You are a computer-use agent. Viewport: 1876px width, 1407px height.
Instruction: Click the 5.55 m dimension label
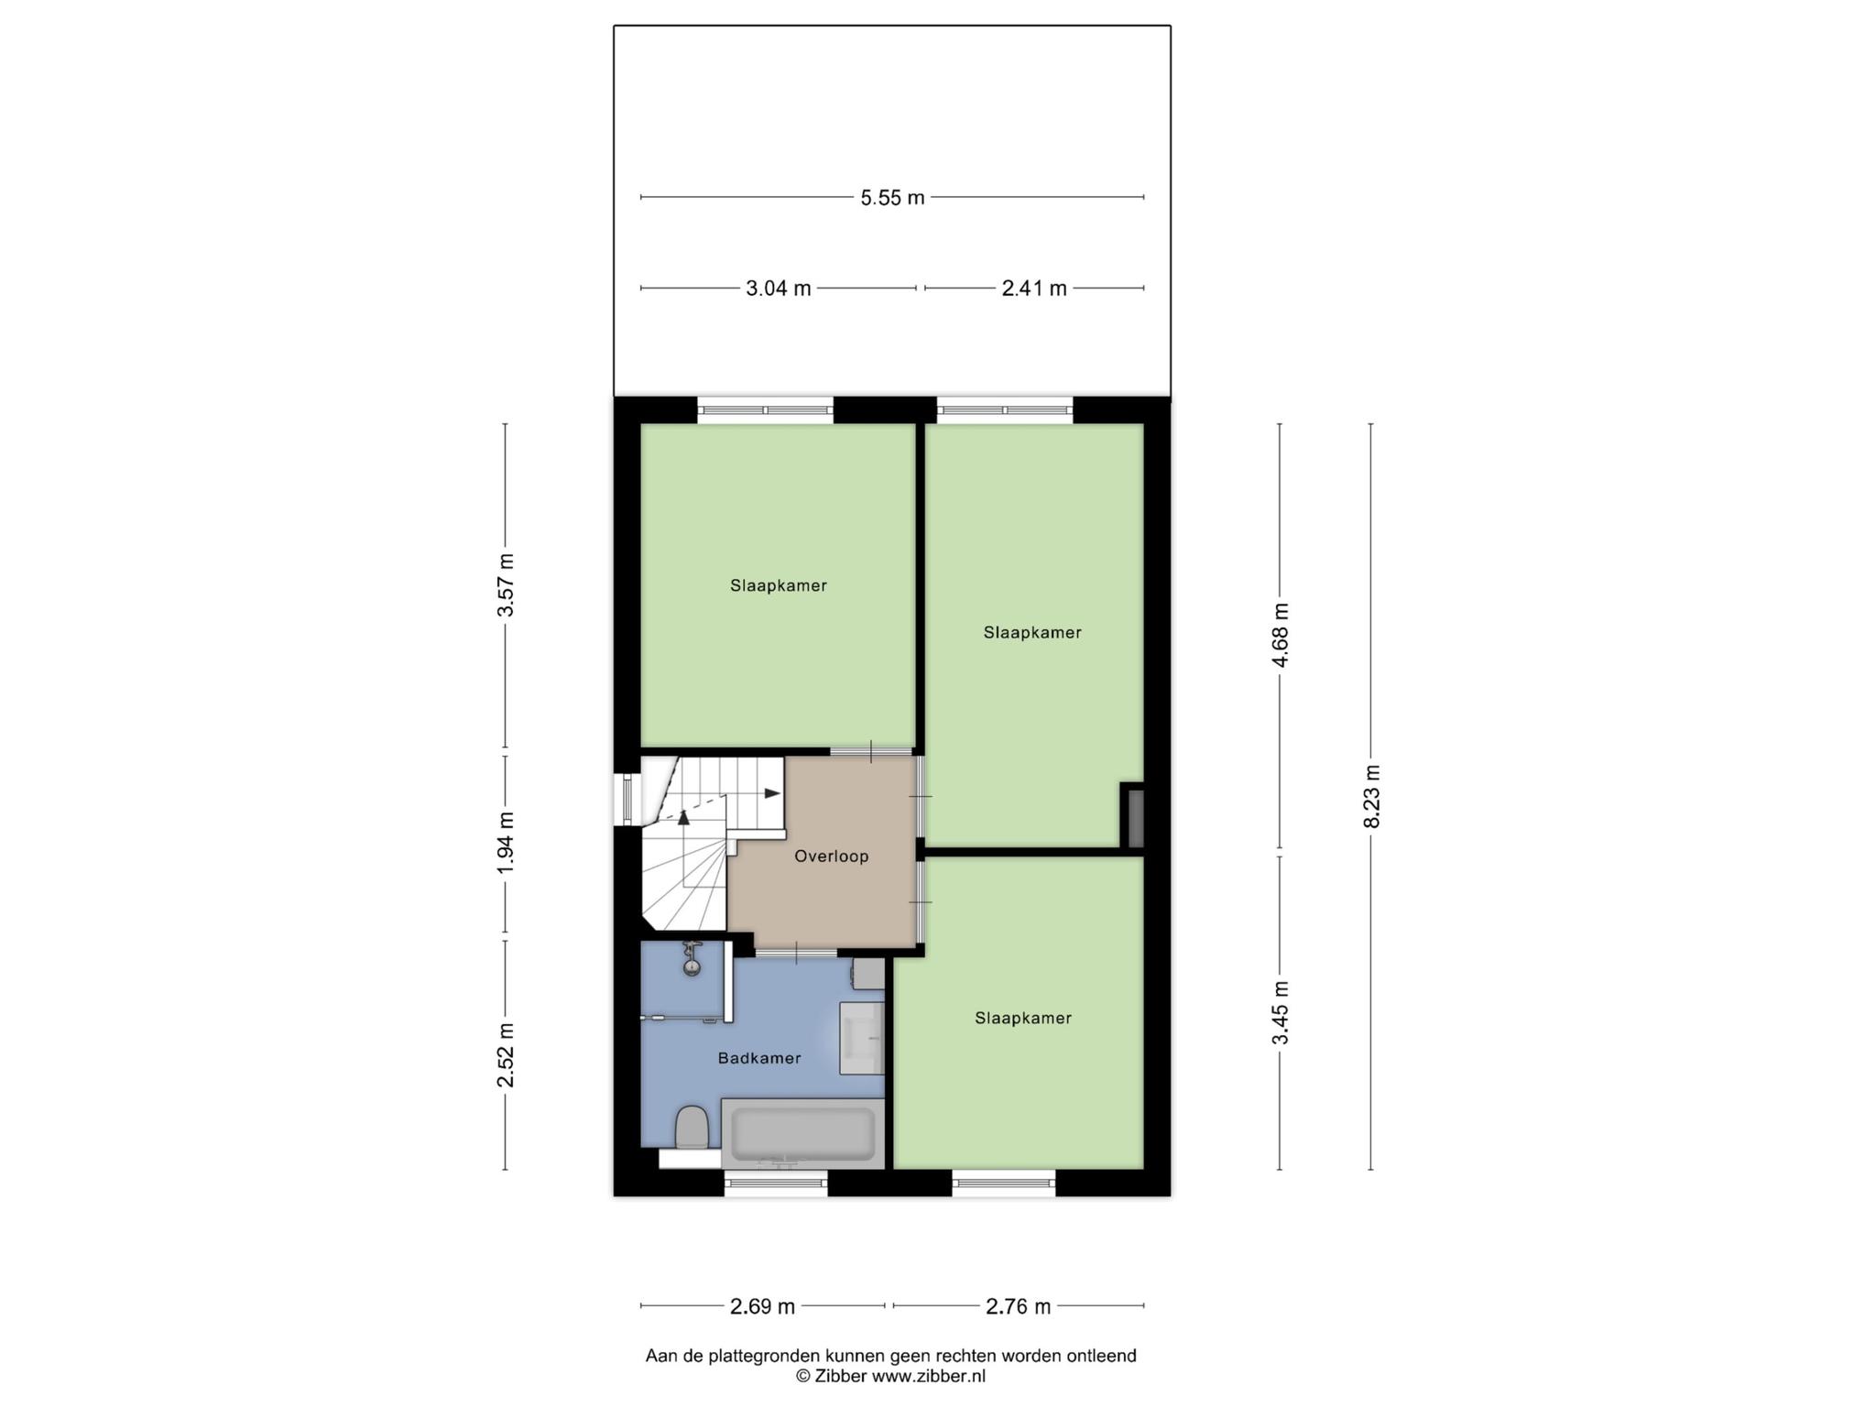click(x=892, y=198)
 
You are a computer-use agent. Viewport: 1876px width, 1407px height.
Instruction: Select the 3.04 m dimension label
click(x=778, y=289)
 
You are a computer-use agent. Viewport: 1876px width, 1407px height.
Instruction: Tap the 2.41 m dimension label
click(x=1034, y=289)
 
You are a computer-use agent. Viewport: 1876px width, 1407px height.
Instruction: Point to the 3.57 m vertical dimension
click(x=506, y=584)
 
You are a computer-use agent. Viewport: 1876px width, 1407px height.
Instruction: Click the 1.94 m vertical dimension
click(x=506, y=842)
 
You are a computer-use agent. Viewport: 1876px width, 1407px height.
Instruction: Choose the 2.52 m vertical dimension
click(x=506, y=1055)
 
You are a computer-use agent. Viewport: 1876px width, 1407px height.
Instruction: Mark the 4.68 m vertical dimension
click(x=1281, y=635)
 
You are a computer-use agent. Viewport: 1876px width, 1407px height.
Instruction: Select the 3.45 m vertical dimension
click(x=1281, y=1012)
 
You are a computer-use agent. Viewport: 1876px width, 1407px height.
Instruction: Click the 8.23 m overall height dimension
click(x=1371, y=796)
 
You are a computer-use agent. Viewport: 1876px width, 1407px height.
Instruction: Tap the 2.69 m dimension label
click(x=762, y=1307)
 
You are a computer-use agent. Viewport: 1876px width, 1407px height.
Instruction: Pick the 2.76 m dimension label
click(x=1018, y=1307)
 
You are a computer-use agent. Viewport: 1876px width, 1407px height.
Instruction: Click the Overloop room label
click(x=831, y=856)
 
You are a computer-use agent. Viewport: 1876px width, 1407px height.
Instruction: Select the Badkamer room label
click(x=759, y=1058)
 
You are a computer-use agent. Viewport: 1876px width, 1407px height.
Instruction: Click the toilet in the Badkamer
click(x=692, y=1127)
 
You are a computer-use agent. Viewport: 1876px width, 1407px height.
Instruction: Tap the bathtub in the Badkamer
click(x=803, y=1134)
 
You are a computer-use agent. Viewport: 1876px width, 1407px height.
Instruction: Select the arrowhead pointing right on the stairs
click(x=773, y=793)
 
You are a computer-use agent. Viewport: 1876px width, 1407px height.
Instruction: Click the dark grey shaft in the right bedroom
click(x=1133, y=815)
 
